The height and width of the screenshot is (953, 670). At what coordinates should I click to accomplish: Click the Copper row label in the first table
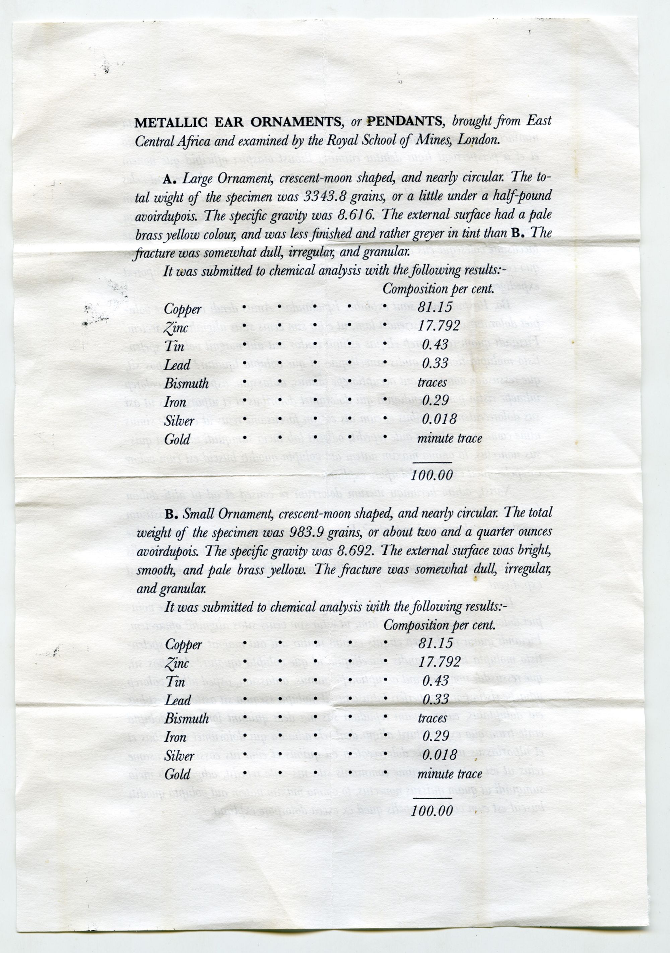point(183,309)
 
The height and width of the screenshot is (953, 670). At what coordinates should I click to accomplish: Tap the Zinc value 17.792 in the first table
point(439,326)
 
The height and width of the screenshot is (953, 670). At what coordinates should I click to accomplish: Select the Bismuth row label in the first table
point(186,383)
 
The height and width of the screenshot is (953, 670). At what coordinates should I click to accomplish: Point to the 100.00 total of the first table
point(432,475)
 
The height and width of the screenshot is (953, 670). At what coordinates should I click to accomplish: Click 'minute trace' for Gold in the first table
point(450,438)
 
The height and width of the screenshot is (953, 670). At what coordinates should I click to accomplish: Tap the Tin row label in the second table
point(175,681)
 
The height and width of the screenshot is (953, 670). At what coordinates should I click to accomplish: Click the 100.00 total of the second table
point(432,810)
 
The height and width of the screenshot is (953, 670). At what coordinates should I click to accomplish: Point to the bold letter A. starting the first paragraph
point(171,179)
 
